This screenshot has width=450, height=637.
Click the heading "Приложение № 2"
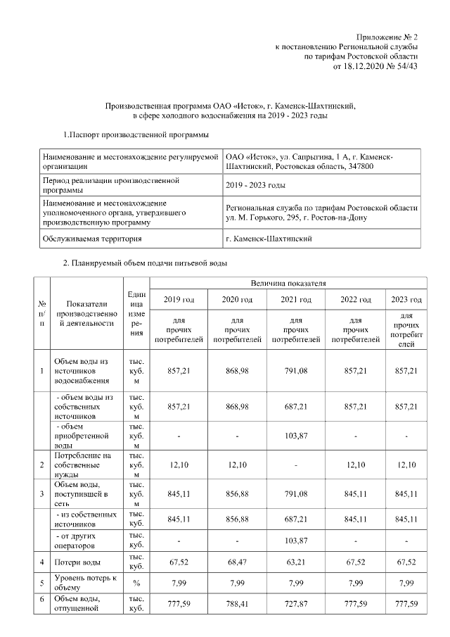(387, 36)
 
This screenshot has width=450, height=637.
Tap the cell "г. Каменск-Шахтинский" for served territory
(270, 239)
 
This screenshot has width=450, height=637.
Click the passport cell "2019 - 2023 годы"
(255, 185)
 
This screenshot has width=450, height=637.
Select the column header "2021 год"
(296, 300)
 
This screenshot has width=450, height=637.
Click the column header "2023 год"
(406, 300)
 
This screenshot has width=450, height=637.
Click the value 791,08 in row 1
(296, 368)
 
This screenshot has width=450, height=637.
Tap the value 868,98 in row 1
(238, 368)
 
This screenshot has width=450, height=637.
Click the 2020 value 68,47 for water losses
(238, 562)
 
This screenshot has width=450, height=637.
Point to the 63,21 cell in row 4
(296, 562)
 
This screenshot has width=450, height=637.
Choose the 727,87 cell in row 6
(296, 603)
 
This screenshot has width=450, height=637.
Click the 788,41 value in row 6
(238, 603)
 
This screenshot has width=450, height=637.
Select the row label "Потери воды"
(77, 562)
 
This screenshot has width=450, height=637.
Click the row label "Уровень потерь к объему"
(79, 583)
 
